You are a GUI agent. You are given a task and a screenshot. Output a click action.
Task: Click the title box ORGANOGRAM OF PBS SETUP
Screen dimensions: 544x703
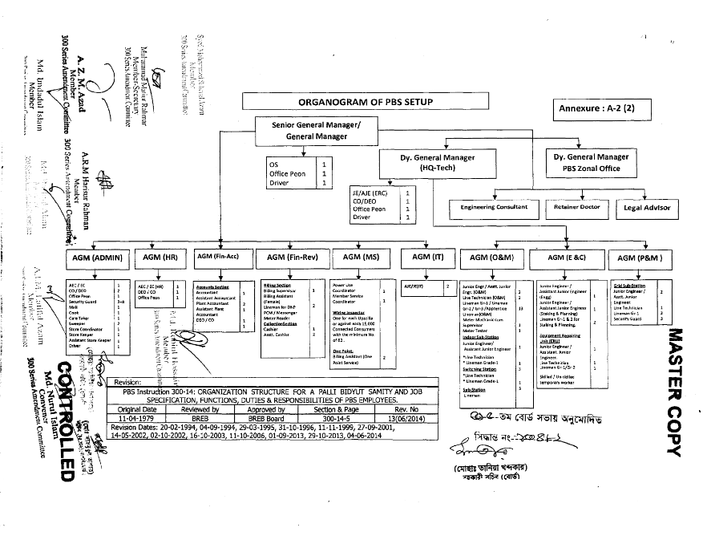[x=354, y=102]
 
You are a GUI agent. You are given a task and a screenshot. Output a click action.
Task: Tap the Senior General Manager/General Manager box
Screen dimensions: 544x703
[x=312, y=131]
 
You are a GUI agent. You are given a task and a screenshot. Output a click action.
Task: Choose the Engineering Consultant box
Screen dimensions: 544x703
[x=495, y=207]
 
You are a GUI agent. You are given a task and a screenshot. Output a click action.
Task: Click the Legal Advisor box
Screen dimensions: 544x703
[x=647, y=208]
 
